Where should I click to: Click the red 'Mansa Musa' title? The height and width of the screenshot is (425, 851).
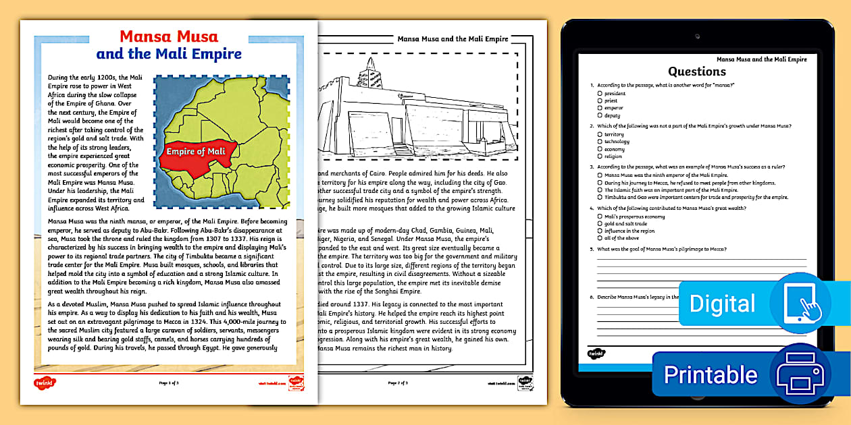pos(169,36)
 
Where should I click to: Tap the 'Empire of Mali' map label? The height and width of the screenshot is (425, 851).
pos(197,151)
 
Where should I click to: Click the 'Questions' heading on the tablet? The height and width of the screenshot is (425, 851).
pos(697,72)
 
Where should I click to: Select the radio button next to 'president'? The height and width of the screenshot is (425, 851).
pos(600,93)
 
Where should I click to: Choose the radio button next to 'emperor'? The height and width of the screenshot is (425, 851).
pos(600,108)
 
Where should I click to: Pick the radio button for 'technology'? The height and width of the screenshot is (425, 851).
pos(600,142)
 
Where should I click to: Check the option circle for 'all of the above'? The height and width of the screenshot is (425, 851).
pos(600,238)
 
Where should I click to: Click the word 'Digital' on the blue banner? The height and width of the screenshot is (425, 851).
pos(722,304)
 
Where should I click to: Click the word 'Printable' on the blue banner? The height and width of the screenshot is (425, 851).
pos(711,374)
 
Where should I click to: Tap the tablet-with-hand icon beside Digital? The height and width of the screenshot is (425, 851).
pos(802,303)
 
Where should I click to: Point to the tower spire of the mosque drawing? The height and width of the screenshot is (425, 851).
pos(369,67)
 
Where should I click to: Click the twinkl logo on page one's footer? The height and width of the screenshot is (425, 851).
pos(45,382)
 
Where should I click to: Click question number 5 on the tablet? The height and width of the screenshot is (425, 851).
pos(592,250)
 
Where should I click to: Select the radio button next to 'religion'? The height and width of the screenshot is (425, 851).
pos(600,157)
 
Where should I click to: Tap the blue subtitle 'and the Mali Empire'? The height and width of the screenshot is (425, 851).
pos(169,54)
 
